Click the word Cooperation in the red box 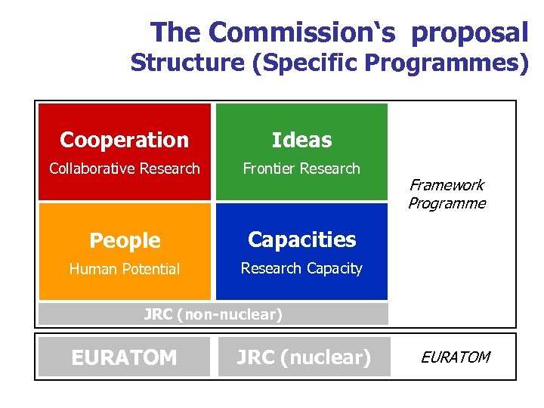pyautogui.click(x=124, y=140)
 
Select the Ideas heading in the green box pyautogui.click(x=301, y=140)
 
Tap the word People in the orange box pyautogui.click(x=125, y=240)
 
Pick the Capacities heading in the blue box pyautogui.click(x=301, y=240)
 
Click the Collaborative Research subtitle pyautogui.click(x=124, y=168)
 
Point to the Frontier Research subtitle pyautogui.click(x=301, y=168)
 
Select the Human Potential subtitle pyautogui.click(x=125, y=269)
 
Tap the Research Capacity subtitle pyautogui.click(x=301, y=268)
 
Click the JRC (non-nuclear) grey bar pyautogui.click(x=213, y=314)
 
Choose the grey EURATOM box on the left pyautogui.click(x=124, y=357)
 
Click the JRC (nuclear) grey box pyautogui.click(x=303, y=357)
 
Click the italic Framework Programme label pyautogui.click(x=447, y=194)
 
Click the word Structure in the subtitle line pyautogui.click(x=188, y=63)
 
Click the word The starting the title pyautogui.click(x=176, y=32)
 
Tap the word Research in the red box pyautogui.click(x=170, y=168)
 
